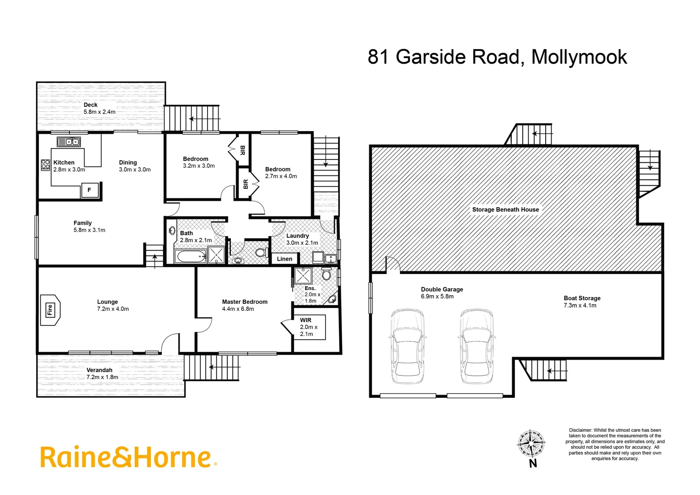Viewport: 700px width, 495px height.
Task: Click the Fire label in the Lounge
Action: [x=49, y=310]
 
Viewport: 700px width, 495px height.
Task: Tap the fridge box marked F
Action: [x=89, y=190]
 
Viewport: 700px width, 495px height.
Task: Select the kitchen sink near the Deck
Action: [x=69, y=142]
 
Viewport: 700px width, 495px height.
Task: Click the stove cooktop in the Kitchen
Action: [x=45, y=165]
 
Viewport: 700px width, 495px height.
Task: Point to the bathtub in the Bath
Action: [x=190, y=256]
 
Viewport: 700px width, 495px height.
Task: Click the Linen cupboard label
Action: [x=284, y=259]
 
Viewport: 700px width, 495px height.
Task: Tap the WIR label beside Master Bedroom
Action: [x=306, y=320]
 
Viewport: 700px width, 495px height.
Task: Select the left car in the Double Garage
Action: [x=407, y=346]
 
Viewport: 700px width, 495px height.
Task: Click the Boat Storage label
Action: [x=582, y=298]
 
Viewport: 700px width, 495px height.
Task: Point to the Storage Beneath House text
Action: [x=505, y=209]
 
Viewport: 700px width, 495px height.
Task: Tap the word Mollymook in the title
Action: [x=579, y=57]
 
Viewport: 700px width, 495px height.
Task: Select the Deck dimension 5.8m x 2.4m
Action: [x=99, y=112]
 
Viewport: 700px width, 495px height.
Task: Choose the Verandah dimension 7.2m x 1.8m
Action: [x=102, y=377]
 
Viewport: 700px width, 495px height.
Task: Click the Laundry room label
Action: [x=297, y=236]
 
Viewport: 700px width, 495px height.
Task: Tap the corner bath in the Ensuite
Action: [x=332, y=300]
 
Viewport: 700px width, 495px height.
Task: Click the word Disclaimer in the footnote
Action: [x=580, y=430]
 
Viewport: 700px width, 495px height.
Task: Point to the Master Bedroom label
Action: [x=245, y=302]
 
